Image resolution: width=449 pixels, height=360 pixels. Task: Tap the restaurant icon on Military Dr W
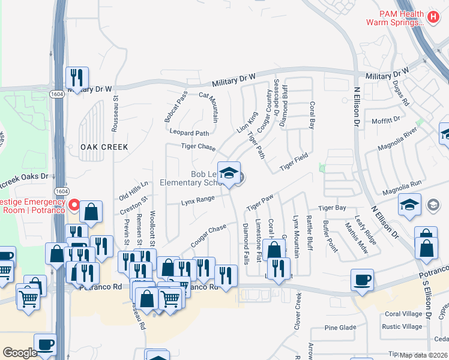coord(77,77)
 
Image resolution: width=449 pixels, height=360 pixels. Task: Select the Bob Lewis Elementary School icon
coord(228,173)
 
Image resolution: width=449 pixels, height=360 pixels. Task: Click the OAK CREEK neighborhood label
coord(105,147)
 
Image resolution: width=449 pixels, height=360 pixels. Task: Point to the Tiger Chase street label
coord(198,148)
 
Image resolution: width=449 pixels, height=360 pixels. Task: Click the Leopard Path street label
coord(190,133)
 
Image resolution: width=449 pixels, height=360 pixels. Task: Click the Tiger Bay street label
coord(332,208)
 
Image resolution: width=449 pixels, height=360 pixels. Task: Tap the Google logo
coord(20,353)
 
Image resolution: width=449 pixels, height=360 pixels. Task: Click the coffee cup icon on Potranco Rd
coord(363,280)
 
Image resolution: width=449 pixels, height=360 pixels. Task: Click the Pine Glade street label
coord(340,328)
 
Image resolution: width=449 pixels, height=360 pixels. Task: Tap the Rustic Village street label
coord(402,327)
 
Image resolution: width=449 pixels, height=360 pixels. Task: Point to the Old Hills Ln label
coord(133,191)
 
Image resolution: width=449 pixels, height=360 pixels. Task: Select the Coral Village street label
coord(403,314)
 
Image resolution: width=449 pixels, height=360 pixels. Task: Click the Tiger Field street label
coord(294,161)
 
